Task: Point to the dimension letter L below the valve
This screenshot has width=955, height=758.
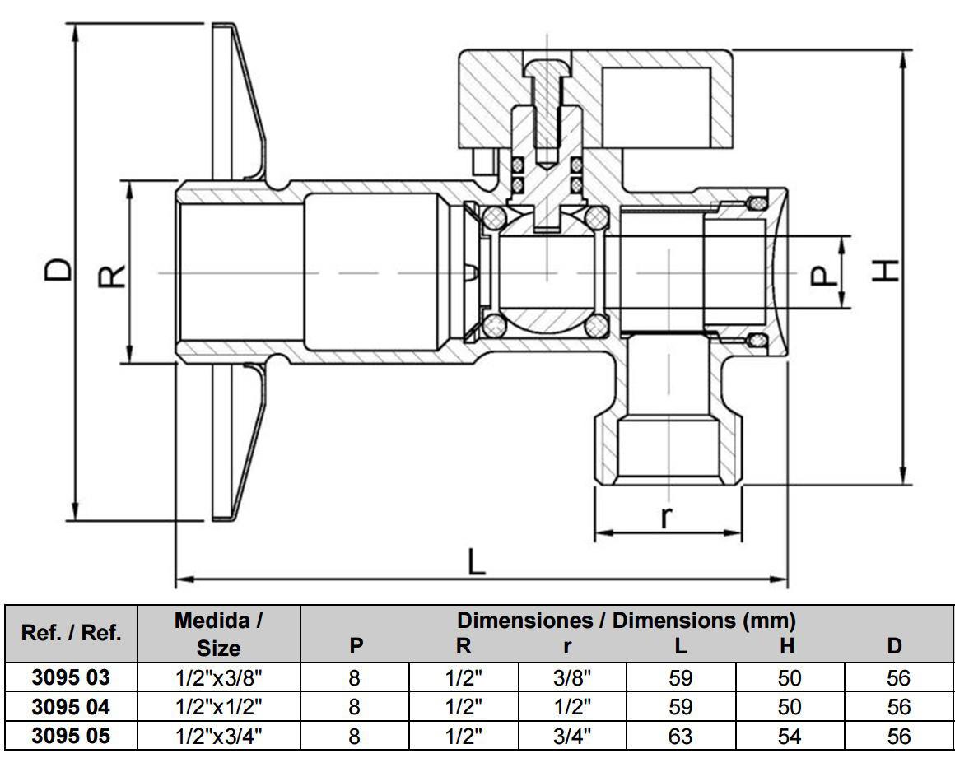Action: coord(477,562)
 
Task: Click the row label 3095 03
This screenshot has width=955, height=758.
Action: coord(70,678)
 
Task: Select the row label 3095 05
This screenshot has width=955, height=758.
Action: coord(70,735)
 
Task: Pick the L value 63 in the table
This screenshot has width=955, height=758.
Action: coord(680,735)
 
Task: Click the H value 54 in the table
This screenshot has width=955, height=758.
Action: coord(788,735)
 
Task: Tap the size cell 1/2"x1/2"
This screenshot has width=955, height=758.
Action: coord(218,707)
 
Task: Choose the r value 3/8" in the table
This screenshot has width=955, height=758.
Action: coord(571,678)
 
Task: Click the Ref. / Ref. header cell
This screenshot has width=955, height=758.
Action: coord(70,633)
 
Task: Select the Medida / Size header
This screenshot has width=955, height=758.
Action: coord(218,634)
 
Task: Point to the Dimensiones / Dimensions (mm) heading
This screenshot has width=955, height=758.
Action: coord(626,619)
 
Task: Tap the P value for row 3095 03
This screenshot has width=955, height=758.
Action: coord(355,678)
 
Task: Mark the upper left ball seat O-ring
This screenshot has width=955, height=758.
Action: coord(494,217)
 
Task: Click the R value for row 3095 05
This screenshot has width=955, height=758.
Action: coord(464,735)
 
